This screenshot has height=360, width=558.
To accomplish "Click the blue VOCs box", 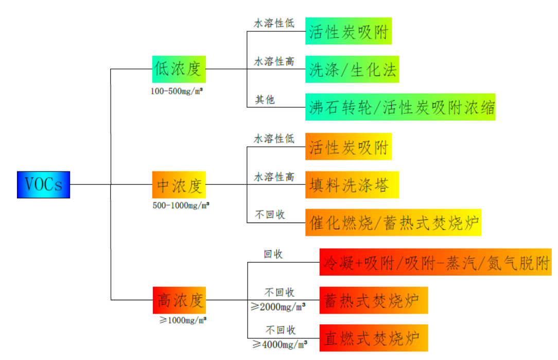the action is pos(43,184).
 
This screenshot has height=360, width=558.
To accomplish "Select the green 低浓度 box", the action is pos(179,69).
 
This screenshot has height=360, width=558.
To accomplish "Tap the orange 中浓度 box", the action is pos(179,184).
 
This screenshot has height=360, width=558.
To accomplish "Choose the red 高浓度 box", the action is pos(179,300).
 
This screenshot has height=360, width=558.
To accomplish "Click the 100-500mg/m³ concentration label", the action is pos(177,91).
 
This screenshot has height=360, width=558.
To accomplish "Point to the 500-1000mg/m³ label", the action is pos(181,205).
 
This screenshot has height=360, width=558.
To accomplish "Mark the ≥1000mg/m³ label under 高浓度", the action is pos(183,320).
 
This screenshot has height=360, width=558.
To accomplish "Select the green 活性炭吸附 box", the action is pos(348,31).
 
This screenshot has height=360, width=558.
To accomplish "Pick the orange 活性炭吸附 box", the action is pos(348,146).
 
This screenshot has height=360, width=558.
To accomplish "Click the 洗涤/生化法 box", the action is pos(352,69).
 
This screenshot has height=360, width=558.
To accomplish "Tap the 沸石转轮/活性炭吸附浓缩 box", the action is pos(400,107).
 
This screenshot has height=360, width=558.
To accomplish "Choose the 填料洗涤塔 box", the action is pos(352,184).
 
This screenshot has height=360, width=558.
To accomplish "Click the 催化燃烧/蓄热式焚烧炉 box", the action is pos(393,222).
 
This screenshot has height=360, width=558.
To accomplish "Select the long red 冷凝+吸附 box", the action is pos(435,262).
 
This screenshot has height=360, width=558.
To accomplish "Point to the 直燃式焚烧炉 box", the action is pos(374,337).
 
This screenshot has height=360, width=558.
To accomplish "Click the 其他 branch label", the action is pos(265,99).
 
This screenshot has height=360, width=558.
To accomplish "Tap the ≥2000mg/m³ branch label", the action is pos(278,306).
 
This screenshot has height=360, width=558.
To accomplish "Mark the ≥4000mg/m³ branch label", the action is pos(280,345).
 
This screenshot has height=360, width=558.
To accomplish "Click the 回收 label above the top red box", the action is pos(273,254).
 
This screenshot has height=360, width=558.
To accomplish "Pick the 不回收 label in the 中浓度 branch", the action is pos(270,214).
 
